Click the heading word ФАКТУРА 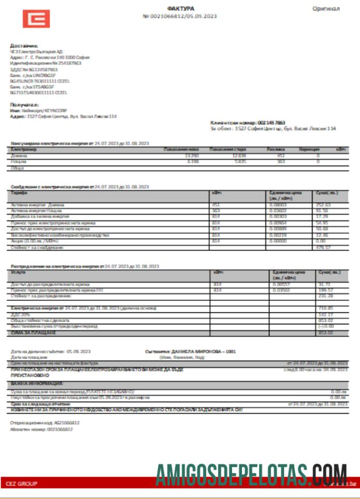pos(180,9)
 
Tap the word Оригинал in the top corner pos(326,9)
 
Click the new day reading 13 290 pos(192,155)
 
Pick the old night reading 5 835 pos(239,162)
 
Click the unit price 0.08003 pos(279,205)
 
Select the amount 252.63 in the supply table pos(323,205)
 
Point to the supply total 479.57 pos(323,247)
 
